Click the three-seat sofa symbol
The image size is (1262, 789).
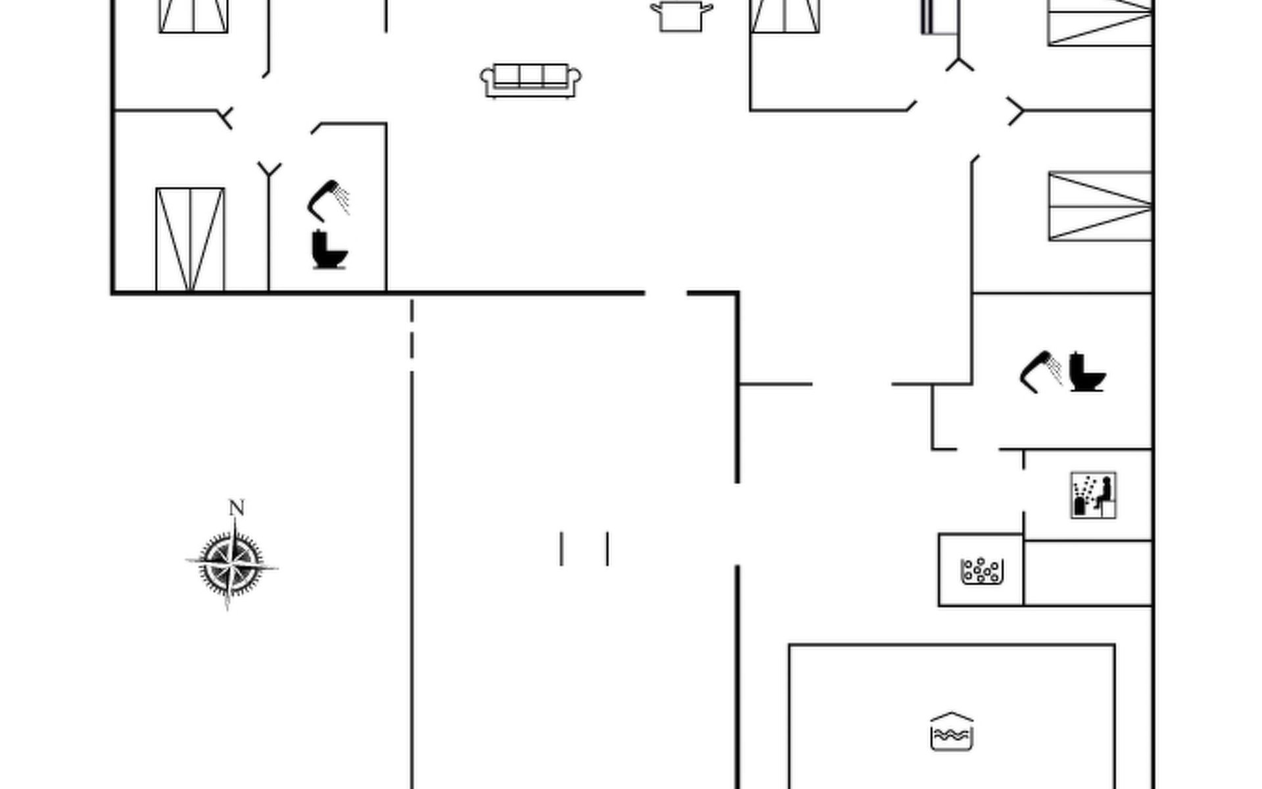(x=531, y=80)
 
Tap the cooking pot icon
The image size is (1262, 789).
(x=681, y=16)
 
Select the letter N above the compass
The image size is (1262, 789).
(x=237, y=508)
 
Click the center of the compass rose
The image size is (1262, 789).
(x=231, y=565)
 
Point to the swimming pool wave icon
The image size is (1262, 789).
(x=951, y=731)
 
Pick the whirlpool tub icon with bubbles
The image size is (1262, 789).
(x=982, y=571)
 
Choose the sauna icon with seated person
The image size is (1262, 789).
(x=1093, y=495)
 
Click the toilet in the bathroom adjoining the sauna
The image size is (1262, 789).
(x=1087, y=372)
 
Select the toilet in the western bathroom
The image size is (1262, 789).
(x=329, y=250)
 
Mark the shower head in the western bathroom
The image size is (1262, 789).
(x=328, y=199)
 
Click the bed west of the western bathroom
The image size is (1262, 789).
(x=190, y=239)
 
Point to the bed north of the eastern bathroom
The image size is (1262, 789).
(x=1100, y=206)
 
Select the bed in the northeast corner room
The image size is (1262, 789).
(x=1100, y=23)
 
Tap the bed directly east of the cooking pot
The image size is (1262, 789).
(x=785, y=16)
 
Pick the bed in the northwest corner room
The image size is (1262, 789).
(x=193, y=16)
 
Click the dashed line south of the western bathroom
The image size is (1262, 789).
(x=412, y=329)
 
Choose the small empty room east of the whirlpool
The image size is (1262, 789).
(x=1088, y=572)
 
